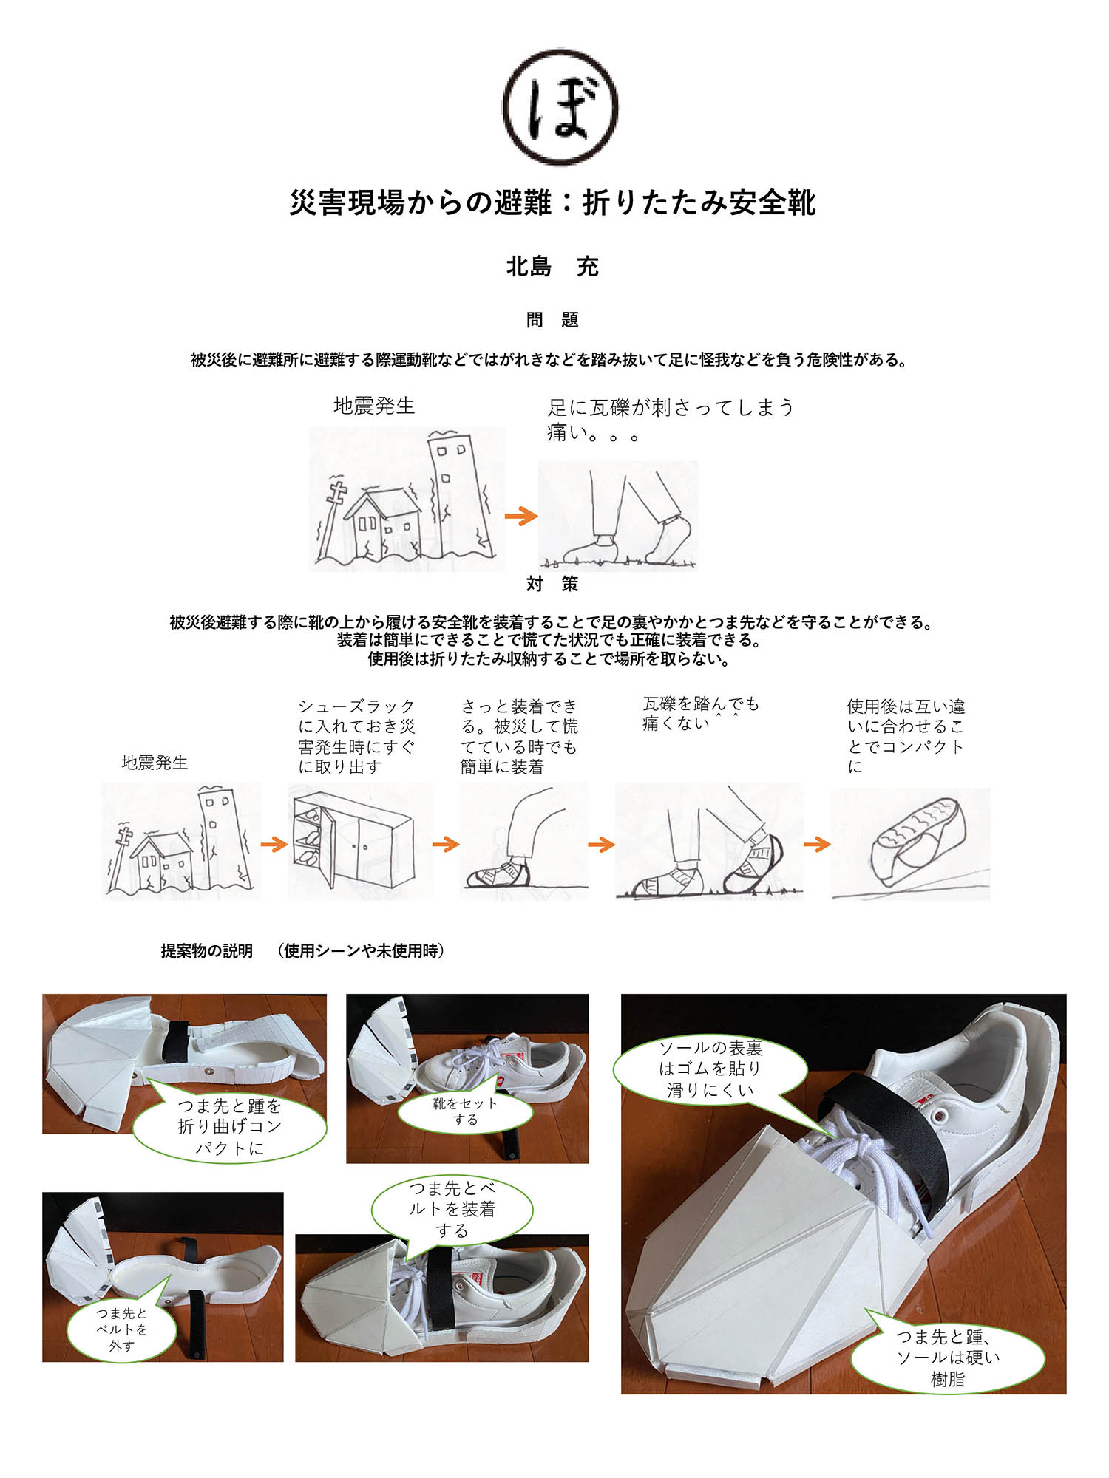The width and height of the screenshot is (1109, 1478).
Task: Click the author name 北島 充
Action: click(552, 267)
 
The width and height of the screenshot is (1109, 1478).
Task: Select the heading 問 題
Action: click(552, 320)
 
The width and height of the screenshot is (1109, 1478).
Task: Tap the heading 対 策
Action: click(552, 584)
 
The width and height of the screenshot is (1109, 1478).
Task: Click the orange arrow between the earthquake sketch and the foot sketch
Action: click(520, 516)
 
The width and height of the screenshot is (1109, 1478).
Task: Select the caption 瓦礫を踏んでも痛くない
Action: click(700, 714)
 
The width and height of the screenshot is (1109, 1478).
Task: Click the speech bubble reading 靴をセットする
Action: click(465, 1111)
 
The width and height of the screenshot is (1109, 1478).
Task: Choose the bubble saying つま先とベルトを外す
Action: click(122, 1329)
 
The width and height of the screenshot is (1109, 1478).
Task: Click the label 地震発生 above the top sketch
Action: click(374, 406)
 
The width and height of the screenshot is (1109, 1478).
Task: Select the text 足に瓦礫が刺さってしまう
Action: click(671, 407)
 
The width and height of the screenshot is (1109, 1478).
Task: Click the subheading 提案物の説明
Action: click(207, 951)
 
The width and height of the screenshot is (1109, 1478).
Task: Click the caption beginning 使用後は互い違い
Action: click(906, 736)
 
